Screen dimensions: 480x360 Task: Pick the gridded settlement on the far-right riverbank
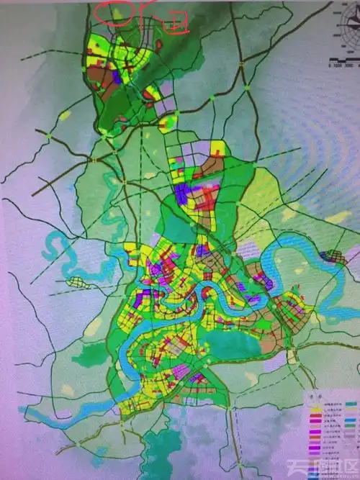(333, 256)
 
